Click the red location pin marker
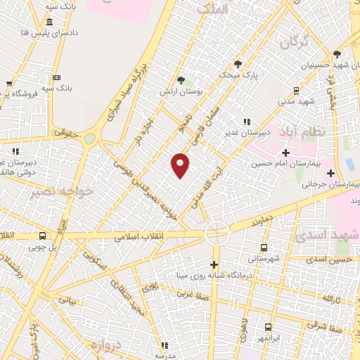181,165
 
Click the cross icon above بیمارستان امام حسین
285,153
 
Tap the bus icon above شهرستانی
264,247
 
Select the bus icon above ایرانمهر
268,327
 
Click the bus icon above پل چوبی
43,236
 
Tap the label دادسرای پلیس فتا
51,32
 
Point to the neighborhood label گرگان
294,43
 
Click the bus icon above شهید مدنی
296,90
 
